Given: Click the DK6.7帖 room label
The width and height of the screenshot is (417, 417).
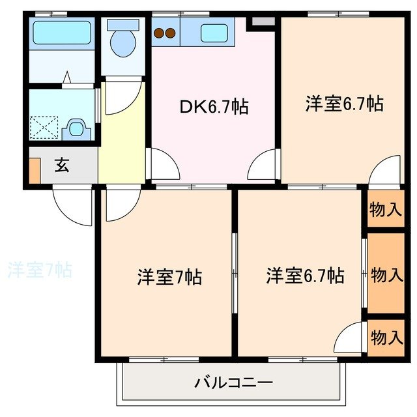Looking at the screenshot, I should [214, 107].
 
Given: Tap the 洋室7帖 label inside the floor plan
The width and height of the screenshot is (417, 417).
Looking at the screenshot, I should [169, 277].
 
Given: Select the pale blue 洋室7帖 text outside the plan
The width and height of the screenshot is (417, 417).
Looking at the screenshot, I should [39, 269].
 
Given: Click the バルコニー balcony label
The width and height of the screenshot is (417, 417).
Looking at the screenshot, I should [233, 382].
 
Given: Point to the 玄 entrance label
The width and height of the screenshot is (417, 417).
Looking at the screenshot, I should [61, 166].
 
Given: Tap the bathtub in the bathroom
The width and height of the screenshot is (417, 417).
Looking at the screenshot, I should [62, 33].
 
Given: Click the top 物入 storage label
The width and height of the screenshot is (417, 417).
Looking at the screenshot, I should [385, 210].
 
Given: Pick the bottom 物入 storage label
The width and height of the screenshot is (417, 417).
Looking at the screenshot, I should [386, 337].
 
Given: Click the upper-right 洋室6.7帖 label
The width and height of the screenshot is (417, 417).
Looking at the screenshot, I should [343, 104].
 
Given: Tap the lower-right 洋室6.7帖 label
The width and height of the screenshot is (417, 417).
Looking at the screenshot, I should [304, 276].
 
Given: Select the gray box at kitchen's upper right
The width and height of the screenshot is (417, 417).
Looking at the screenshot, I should [263, 22].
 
